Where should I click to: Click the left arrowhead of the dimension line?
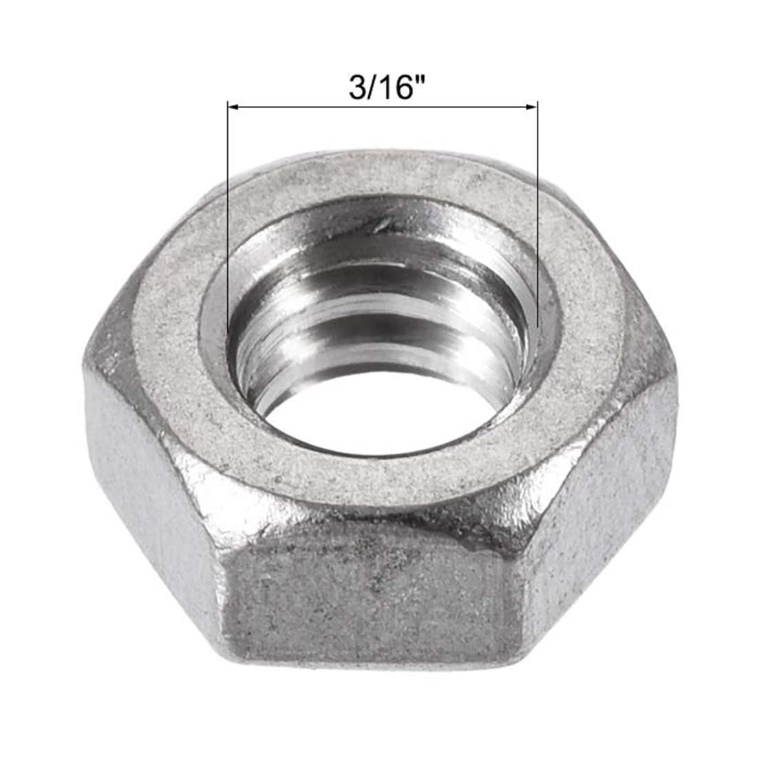point(233,107)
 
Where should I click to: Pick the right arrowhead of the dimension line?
point(531,107)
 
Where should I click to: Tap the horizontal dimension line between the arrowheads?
point(383,107)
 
